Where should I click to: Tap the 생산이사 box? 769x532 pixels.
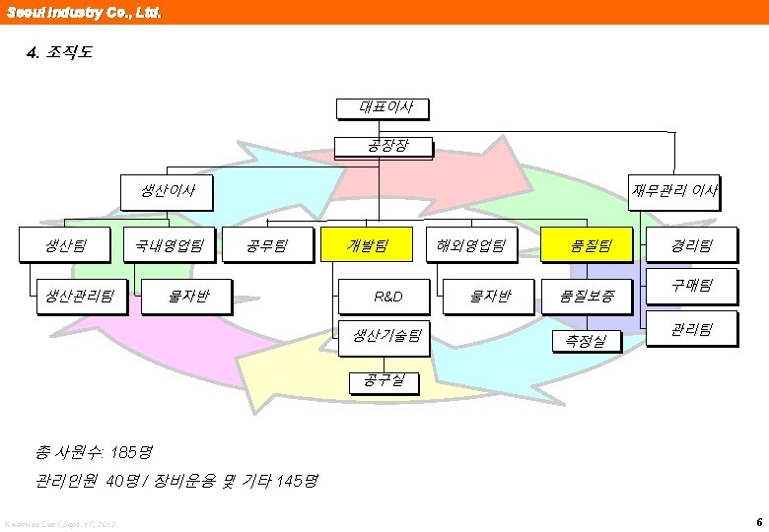pyautogui.click(x=167, y=191)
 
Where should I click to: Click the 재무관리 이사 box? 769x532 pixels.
pyautogui.click(x=675, y=191)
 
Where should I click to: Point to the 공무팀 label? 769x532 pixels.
pyautogui.click(x=266, y=245)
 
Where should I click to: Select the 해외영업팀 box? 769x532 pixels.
pyautogui.click(x=472, y=245)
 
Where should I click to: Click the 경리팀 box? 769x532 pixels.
pyautogui.click(x=690, y=245)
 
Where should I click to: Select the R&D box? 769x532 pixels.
pyautogui.click(x=387, y=296)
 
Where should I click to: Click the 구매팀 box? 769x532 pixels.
pyautogui.click(x=690, y=287)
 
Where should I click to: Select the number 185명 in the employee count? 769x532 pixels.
pyautogui.click(x=132, y=453)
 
